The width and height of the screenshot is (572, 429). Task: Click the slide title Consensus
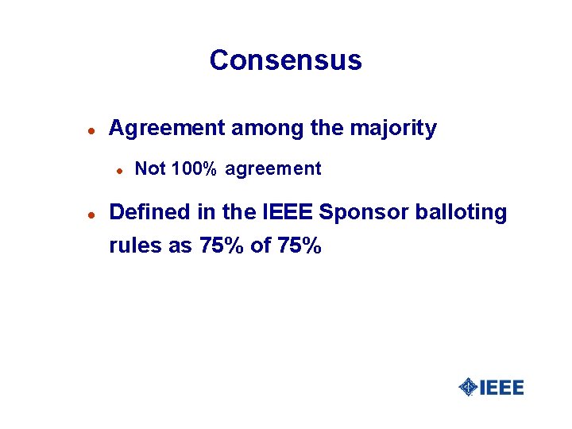point(285,60)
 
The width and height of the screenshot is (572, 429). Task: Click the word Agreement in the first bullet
point(165,129)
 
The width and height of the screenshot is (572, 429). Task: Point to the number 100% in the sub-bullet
point(193,168)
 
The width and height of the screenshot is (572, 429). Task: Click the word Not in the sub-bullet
point(149,168)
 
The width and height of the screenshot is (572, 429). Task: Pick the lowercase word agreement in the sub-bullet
point(273,169)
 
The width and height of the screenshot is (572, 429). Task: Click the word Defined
point(149,213)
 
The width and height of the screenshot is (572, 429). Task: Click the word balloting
point(461,214)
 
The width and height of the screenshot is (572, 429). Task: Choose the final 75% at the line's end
point(300,246)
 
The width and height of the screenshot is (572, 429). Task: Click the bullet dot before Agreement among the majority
point(91,129)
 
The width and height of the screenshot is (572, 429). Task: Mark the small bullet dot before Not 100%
point(118,169)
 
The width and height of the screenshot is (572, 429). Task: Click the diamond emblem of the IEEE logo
point(469,387)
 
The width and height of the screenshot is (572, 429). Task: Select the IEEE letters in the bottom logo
point(501,388)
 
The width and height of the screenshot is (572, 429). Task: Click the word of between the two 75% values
point(261,246)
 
